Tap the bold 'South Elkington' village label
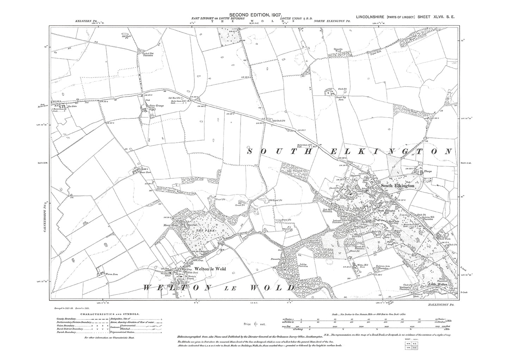point(397,186)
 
